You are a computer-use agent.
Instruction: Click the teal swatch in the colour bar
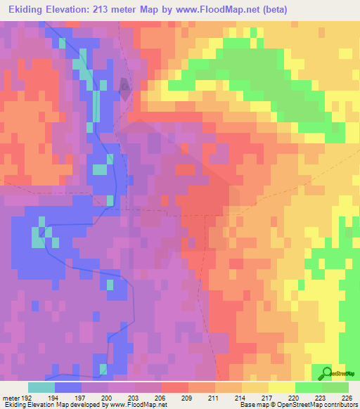(41, 387)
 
